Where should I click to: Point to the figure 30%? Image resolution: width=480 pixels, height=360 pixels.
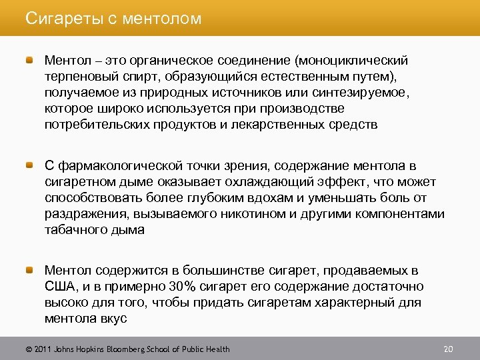[x=181, y=287]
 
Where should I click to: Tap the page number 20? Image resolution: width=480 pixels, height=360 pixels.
[x=448, y=349]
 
